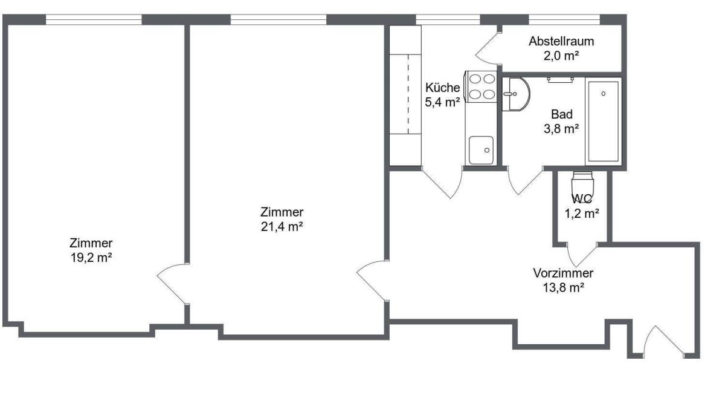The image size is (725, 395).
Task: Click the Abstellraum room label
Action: coord(561,41)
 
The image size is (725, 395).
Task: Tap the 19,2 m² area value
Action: coord(91,258)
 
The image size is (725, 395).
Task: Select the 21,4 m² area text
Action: coord(282,226)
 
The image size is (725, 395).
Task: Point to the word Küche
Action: coord(442,88)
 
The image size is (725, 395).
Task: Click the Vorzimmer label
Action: coord(563,273)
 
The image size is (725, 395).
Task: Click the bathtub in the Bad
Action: coord(604,122)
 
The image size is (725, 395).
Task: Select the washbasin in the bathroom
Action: coord(516,94)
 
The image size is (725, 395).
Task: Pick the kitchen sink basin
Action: coord(482,150)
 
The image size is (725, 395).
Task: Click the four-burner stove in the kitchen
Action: coord(481,87)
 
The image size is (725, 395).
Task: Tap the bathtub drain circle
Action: coord(604,94)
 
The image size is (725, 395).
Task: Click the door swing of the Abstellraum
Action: coord(488,48)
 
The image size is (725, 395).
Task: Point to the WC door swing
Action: coord(582,255)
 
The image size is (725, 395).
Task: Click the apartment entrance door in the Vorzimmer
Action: coord(663,342)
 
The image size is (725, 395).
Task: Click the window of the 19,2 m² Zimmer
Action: coord(94,19)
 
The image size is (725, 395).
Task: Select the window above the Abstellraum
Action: coord(564,19)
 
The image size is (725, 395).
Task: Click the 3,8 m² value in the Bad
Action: coord(561,129)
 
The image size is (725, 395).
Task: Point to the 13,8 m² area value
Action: coord(564,287)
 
